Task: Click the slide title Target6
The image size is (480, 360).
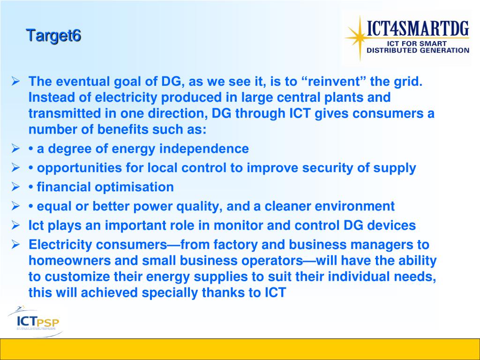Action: tap(53, 36)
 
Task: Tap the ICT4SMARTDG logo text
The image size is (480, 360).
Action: tap(418, 28)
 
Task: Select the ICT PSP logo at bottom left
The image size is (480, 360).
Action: tap(37, 321)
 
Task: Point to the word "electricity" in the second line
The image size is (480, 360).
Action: tap(127, 97)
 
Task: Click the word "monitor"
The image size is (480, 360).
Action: tap(238, 225)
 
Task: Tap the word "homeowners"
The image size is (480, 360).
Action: tap(69, 261)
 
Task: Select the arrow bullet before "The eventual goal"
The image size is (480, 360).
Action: tap(15, 82)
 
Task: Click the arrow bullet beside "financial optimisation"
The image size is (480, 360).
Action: tap(15, 187)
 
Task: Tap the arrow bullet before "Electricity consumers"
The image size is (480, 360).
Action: tap(15, 244)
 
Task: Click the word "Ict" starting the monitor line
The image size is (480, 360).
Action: tap(36, 225)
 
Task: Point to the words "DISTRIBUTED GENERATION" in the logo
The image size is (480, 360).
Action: tap(418, 51)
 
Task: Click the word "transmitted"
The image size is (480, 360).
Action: tap(65, 113)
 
